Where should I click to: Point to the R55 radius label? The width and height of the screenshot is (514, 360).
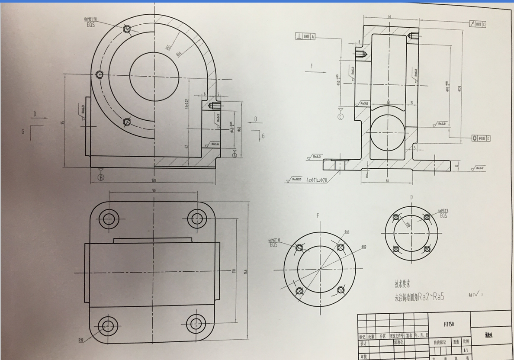click(169, 45)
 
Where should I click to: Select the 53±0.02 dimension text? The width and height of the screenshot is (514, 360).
click(187, 104)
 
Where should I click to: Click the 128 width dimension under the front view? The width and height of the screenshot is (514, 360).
click(153, 180)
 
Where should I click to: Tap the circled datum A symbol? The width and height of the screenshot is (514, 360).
click(101, 177)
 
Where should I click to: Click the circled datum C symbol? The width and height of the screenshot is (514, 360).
click(341, 117)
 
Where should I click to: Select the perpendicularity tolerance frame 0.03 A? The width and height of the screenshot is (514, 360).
click(305, 37)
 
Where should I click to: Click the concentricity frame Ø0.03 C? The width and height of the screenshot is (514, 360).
click(481, 138)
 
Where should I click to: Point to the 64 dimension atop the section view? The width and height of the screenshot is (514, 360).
click(389, 16)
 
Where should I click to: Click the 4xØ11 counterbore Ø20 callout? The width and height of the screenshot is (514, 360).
click(316, 179)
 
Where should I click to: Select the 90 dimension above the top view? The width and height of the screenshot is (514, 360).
click(154, 190)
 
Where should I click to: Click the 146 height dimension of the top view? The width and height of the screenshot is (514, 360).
click(246, 272)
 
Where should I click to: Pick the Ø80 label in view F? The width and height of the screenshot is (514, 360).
click(363, 247)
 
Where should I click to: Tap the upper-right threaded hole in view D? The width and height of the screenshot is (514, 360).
click(427, 217)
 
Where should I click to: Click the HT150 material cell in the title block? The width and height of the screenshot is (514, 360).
click(448, 324)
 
